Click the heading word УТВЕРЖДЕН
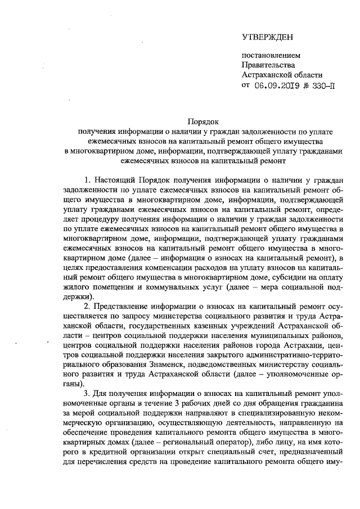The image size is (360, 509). [268, 38]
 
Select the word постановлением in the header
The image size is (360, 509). [267, 56]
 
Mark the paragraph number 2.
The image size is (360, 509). [86, 307]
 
